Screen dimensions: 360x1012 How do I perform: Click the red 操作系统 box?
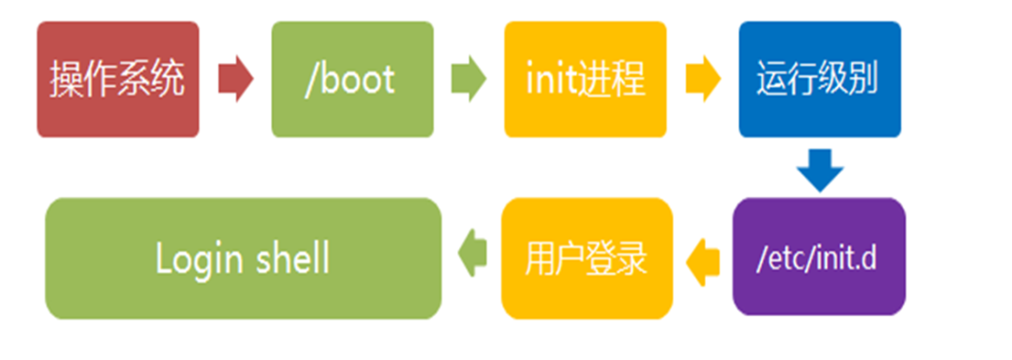tap(118, 80)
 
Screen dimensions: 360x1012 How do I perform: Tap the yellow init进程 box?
tap(586, 80)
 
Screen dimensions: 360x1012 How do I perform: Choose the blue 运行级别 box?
tap(819, 80)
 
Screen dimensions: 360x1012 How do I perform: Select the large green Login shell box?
tap(244, 257)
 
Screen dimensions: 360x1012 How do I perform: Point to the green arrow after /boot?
tap(469, 81)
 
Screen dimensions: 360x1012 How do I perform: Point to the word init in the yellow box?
tap(548, 81)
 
